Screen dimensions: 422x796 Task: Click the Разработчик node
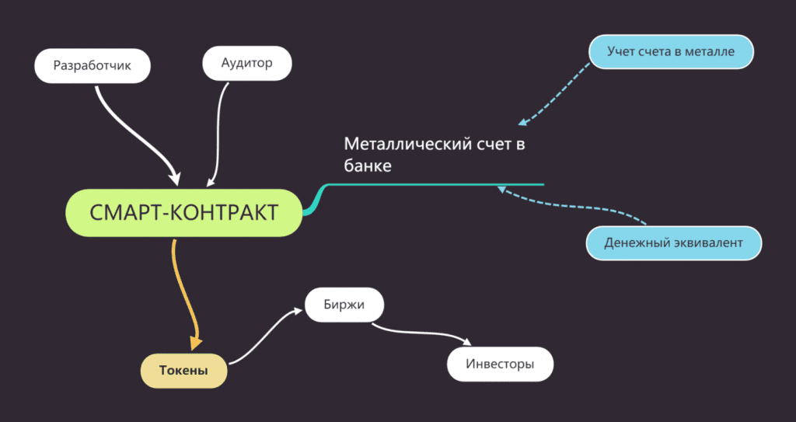(92, 65)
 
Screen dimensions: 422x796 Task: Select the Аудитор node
(246, 63)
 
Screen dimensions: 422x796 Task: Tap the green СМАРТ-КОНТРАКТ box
(183, 213)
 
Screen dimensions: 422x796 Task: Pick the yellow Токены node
(183, 371)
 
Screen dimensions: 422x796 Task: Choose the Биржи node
(344, 304)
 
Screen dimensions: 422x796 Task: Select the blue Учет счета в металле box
(671, 51)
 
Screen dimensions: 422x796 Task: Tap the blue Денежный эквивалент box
(672, 243)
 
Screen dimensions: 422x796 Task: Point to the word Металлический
(403, 145)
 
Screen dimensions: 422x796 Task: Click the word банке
(367, 166)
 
